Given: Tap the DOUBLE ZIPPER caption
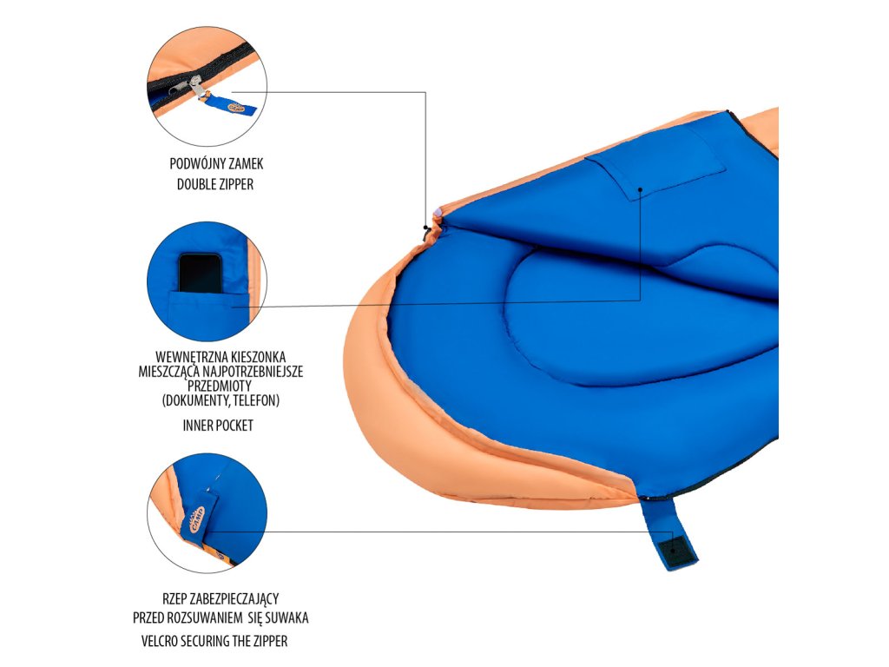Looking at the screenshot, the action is [215, 184].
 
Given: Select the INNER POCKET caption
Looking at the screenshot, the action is [218, 426].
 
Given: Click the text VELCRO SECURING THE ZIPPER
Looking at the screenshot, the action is [214, 641].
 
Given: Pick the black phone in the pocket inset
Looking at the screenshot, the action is [201, 272].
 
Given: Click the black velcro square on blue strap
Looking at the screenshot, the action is [671, 549].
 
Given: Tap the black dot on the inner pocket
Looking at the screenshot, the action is [640, 187].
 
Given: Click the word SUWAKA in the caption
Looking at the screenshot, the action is [288, 618].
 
